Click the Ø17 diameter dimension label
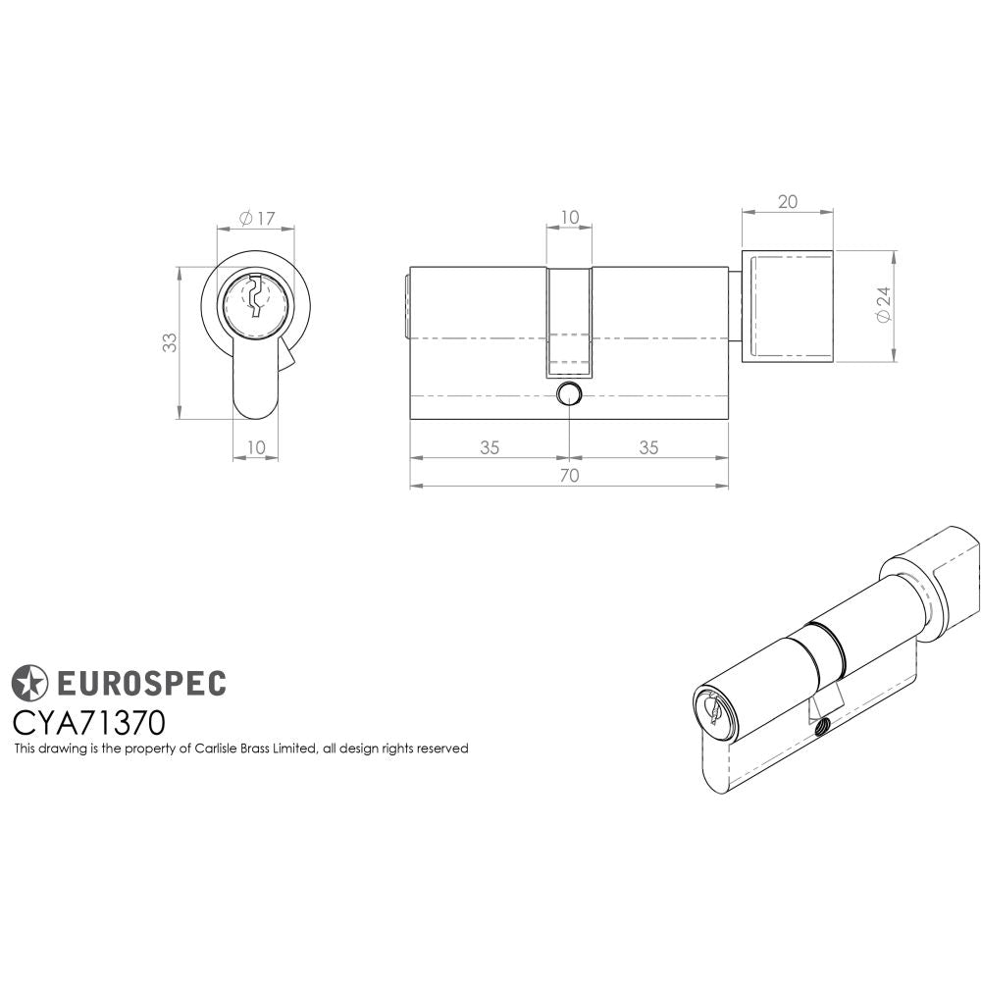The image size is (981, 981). click(x=256, y=218)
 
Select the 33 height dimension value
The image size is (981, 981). click(x=170, y=342)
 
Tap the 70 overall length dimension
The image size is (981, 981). click(x=569, y=476)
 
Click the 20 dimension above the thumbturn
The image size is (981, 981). click(x=787, y=202)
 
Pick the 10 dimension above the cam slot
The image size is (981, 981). click(x=569, y=218)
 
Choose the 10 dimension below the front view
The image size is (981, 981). click(x=255, y=447)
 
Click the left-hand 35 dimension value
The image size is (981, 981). click(x=490, y=447)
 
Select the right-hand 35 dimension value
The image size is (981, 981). click(x=648, y=447)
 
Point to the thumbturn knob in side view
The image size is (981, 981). click(x=788, y=306)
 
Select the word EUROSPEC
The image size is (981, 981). click(x=138, y=682)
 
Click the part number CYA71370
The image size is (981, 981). click(x=88, y=722)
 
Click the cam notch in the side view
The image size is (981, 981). click(x=569, y=324)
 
